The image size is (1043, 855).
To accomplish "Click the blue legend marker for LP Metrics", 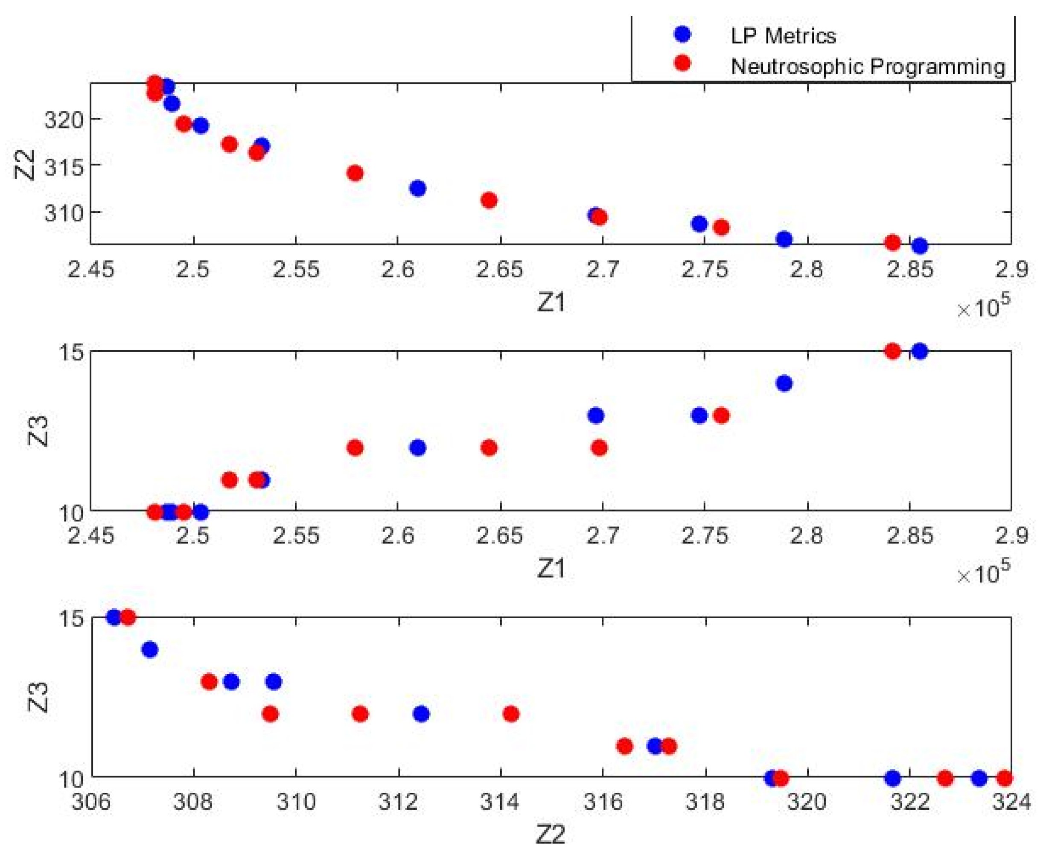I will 682,34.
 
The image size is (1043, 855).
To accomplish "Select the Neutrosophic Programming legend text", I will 868,66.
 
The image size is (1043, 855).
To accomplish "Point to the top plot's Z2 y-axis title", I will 25,165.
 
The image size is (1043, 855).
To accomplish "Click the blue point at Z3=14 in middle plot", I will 784,383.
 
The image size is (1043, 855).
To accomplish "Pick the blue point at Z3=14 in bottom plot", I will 150,650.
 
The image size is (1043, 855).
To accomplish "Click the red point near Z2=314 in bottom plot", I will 511,714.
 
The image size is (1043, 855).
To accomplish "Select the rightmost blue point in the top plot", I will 919,246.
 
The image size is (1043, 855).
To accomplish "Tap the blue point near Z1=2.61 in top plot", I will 418,188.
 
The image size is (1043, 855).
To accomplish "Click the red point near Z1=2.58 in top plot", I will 355,173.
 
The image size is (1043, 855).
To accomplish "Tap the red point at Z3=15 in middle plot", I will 892,351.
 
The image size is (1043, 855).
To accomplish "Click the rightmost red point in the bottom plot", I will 1005,779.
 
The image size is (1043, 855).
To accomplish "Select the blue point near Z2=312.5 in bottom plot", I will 421,714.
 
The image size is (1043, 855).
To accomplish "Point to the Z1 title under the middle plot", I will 551,569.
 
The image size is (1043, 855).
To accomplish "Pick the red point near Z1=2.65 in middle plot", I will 489,448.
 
